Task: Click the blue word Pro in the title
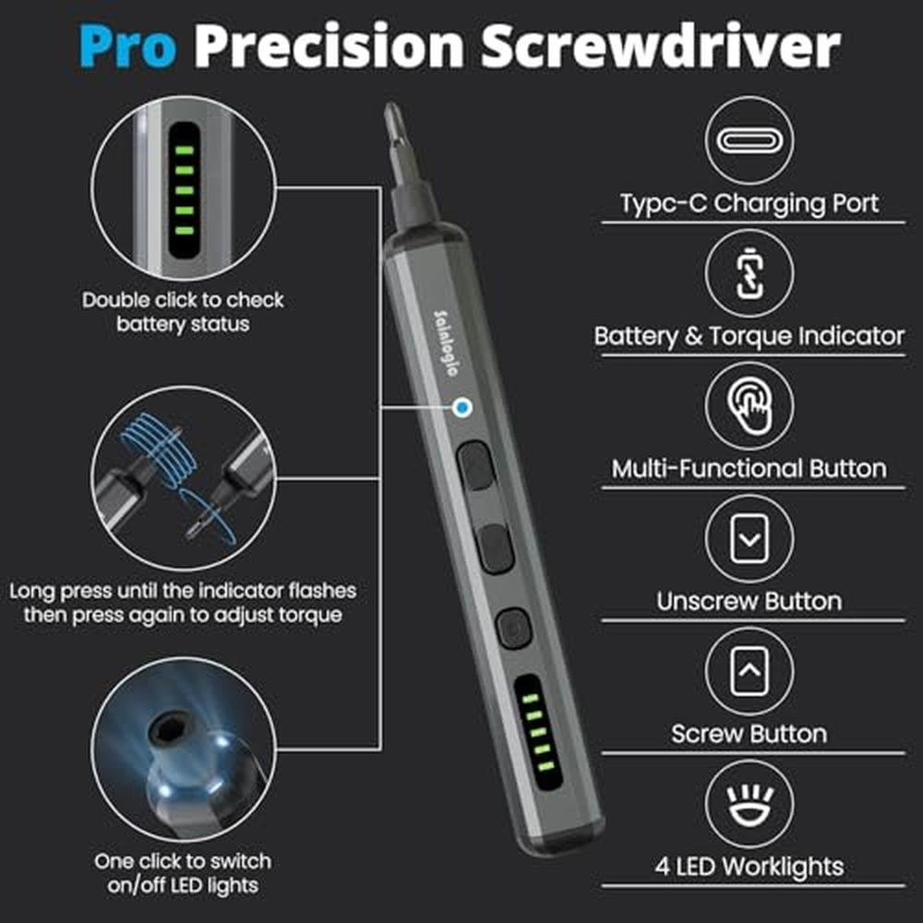(127, 46)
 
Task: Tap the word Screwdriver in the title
(661, 46)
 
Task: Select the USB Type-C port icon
(749, 140)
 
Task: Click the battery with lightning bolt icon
(749, 273)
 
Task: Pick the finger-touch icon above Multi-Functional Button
(749, 405)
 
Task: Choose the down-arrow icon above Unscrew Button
(749, 539)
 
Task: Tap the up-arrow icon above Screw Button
(749, 671)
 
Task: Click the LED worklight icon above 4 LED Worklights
(749, 804)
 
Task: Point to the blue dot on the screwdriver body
(463, 407)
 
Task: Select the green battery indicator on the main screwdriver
(539, 733)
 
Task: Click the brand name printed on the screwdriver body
(445, 343)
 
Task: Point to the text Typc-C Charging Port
(749, 204)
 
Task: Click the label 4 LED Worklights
(749, 867)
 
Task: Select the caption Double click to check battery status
(183, 312)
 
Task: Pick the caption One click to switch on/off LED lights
(183, 873)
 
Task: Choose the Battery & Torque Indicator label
(749, 337)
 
